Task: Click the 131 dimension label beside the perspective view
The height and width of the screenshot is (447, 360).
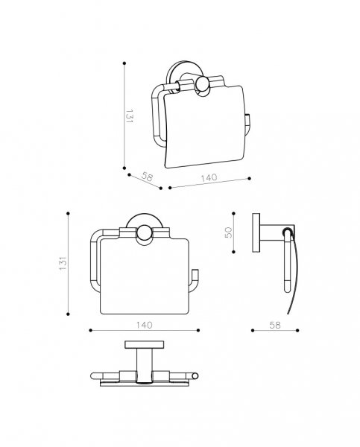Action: pyautogui.click(x=129, y=115)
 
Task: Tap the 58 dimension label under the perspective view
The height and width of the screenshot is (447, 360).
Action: pyautogui.click(x=147, y=177)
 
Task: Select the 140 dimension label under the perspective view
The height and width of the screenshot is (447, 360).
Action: pyautogui.click(x=209, y=178)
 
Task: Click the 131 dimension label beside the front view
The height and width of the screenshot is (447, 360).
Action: pyautogui.click(x=63, y=264)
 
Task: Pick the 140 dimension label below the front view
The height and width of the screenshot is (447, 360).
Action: pyautogui.click(x=144, y=325)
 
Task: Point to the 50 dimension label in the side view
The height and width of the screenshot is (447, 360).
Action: pyautogui.click(x=229, y=232)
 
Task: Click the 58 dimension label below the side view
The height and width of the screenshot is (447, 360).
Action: pyautogui.click(x=275, y=325)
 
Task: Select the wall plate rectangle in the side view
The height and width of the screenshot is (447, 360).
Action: pyautogui.click(x=256, y=232)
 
